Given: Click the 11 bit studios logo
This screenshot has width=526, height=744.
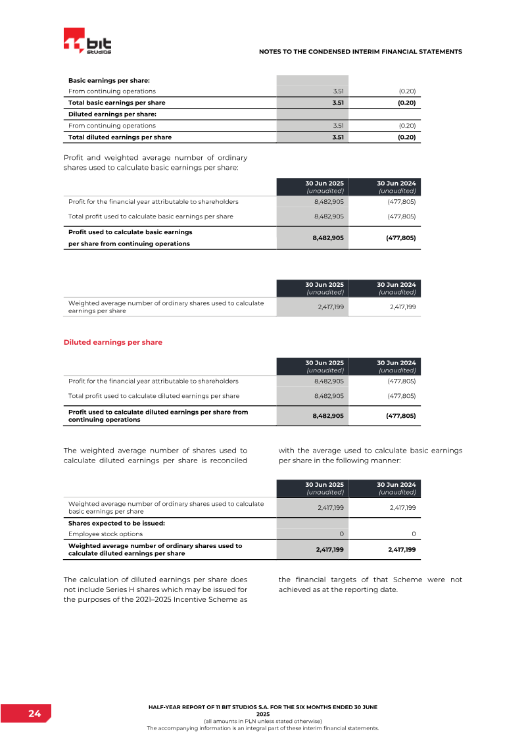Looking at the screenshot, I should (x=87, y=41).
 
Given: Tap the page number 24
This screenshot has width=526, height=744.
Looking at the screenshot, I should (x=34, y=713).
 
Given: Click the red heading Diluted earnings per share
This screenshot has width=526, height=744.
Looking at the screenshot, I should (x=112, y=342).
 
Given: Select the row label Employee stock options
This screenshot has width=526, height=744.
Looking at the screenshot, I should (x=105, y=533).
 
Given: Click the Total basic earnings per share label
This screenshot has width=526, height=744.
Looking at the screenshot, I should (x=117, y=103).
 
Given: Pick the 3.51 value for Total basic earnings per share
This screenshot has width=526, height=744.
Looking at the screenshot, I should (x=338, y=103).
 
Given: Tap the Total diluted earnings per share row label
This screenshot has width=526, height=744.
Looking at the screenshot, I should (x=120, y=137).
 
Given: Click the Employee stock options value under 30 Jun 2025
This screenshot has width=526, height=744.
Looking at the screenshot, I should (x=341, y=533).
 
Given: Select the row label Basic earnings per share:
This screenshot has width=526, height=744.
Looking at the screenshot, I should (x=109, y=80).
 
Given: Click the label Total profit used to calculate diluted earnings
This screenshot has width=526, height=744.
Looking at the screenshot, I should (x=154, y=396).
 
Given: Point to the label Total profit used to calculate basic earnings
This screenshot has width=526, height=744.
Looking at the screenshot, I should (x=151, y=216).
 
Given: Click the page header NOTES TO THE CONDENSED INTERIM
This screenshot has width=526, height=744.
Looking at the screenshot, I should (x=360, y=51).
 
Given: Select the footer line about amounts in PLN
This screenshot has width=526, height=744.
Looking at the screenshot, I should (x=263, y=722).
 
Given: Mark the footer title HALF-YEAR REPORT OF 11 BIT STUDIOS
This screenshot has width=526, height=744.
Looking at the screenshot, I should (x=263, y=706).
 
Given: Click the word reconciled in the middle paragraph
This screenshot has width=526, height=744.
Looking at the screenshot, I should (x=227, y=460).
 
